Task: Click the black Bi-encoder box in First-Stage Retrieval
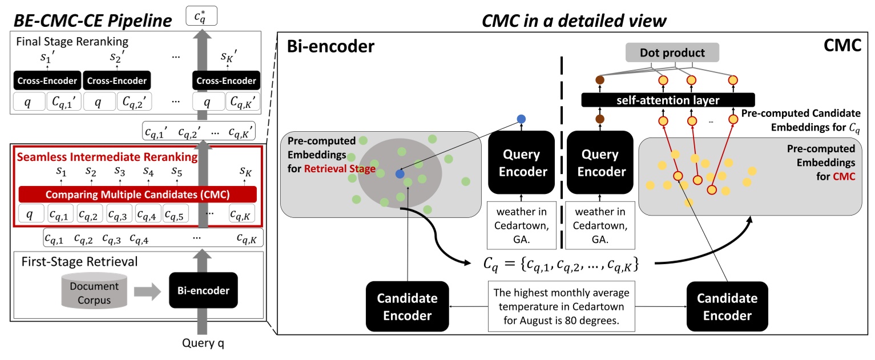coord(202,291)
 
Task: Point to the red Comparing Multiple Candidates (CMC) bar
coord(138,194)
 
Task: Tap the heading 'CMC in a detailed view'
coord(573,21)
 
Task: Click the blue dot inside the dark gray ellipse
coord(400,173)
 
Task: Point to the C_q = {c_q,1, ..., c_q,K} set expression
coord(559,265)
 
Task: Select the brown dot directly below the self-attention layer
coord(599,119)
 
